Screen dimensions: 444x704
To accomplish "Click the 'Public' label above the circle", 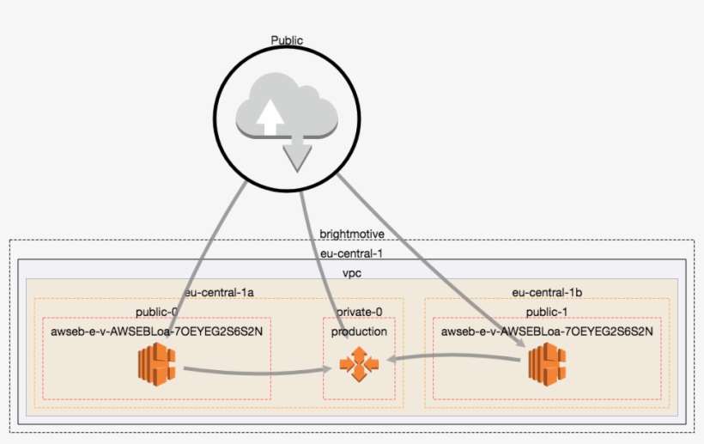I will point(287,40).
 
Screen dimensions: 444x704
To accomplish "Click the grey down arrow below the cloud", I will point(297,155).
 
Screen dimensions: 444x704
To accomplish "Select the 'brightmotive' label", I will point(351,234).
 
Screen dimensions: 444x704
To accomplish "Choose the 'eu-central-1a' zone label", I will point(218,293).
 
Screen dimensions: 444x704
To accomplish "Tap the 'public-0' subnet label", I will point(157,312).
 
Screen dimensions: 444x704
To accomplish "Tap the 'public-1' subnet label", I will point(547,312).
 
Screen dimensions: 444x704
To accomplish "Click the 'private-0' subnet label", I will point(360,312).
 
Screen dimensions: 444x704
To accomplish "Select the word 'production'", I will point(359,331).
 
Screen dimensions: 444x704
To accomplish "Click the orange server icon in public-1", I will point(547,362).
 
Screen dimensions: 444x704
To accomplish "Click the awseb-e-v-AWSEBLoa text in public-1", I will point(547,331).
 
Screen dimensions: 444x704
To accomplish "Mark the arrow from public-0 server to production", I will point(258,371).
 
